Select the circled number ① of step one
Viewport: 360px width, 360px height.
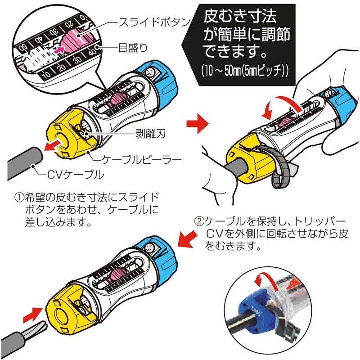(18, 198)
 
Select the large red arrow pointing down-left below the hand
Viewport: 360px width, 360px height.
(188, 239)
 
